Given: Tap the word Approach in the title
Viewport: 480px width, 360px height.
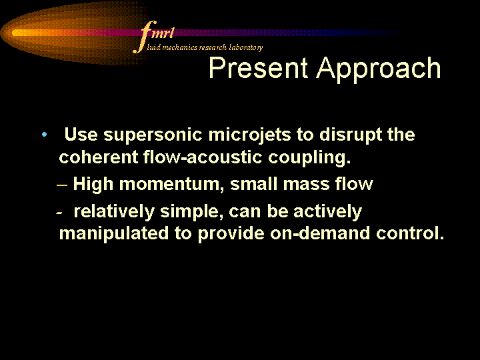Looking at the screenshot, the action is [x=379, y=70].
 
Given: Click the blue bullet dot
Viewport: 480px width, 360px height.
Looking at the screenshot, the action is [x=45, y=135].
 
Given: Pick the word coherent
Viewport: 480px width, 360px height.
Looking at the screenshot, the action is [x=98, y=157].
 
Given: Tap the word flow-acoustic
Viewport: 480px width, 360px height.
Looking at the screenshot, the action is [x=203, y=157].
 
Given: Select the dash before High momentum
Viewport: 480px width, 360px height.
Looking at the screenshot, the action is [x=62, y=185].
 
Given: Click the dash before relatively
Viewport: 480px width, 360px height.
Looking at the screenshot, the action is [x=59, y=213].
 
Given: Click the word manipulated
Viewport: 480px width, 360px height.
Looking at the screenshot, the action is [x=114, y=233].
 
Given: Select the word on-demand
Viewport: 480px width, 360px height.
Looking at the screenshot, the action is [x=320, y=233].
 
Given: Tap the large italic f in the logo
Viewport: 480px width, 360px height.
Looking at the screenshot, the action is [x=144, y=37].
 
